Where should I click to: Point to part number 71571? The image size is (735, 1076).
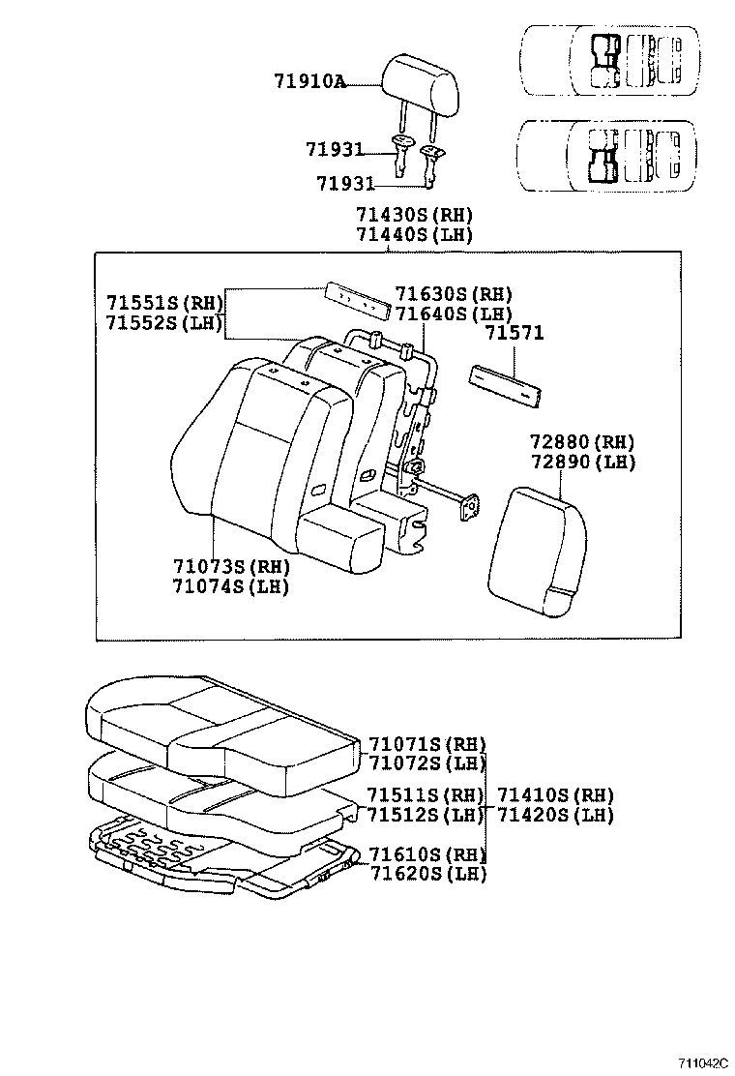click(x=514, y=333)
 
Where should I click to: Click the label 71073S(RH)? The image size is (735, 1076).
click(x=231, y=566)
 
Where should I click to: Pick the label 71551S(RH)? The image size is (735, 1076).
click(x=165, y=301)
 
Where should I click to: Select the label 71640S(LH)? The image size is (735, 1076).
click(x=454, y=314)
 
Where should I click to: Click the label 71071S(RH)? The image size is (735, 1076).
click(x=426, y=744)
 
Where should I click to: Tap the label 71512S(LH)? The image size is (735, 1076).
click(x=426, y=815)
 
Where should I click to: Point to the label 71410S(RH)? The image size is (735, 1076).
click(x=556, y=795)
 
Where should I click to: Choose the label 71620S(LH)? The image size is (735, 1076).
click(x=426, y=874)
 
